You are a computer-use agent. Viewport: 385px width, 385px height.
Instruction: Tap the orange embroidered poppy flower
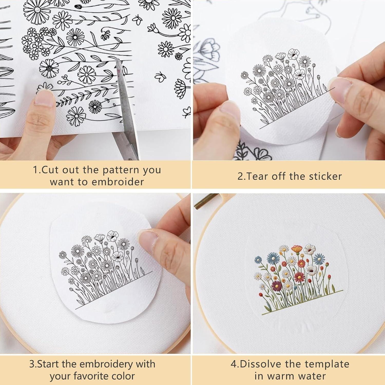coord(296,248)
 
